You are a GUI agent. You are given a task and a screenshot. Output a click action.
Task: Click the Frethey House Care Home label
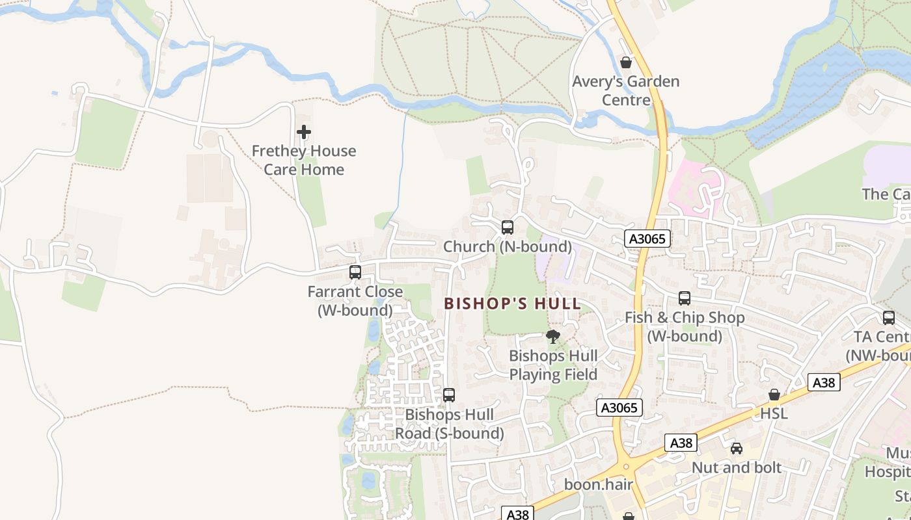click(x=304, y=160)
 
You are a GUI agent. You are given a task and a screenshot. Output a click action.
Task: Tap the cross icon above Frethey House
click(x=304, y=133)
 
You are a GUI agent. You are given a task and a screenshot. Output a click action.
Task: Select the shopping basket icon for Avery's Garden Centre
click(x=626, y=63)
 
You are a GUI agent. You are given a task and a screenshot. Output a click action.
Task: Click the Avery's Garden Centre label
click(x=625, y=90)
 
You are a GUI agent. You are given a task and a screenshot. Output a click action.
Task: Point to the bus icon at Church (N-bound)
click(x=508, y=227)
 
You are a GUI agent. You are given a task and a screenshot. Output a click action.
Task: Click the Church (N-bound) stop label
click(x=508, y=247)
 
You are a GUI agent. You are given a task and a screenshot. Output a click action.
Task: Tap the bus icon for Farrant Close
click(x=355, y=272)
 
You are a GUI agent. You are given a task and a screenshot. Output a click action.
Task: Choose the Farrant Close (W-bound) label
click(x=355, y=301)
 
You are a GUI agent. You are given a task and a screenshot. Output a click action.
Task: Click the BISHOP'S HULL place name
click(x=512, y=304)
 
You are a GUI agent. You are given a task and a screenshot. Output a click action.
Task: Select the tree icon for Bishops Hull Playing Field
click(x=553, y=337)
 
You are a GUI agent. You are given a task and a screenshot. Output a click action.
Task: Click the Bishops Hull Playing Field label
click(x=553, y=365)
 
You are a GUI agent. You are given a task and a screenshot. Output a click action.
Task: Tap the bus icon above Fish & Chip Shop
click(x=685, y=298)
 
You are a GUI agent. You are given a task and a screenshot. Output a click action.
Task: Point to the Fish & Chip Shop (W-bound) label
click(x=685, y=327)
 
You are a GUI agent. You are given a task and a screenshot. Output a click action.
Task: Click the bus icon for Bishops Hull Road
click(x=449, y=395)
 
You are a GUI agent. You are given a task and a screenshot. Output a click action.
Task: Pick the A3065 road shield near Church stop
click(x=648, y=239)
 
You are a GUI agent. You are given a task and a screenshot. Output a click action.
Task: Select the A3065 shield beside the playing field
click(x=619, y=408)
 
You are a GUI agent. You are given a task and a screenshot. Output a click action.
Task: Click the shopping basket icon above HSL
click(x=774, y=395)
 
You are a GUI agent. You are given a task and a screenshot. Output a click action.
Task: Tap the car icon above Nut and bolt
click(x=737, y=448)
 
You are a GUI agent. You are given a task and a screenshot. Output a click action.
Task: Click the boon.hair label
click(x=599, y=485)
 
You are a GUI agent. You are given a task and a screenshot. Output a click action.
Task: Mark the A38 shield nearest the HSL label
click(x=824, y=382)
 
